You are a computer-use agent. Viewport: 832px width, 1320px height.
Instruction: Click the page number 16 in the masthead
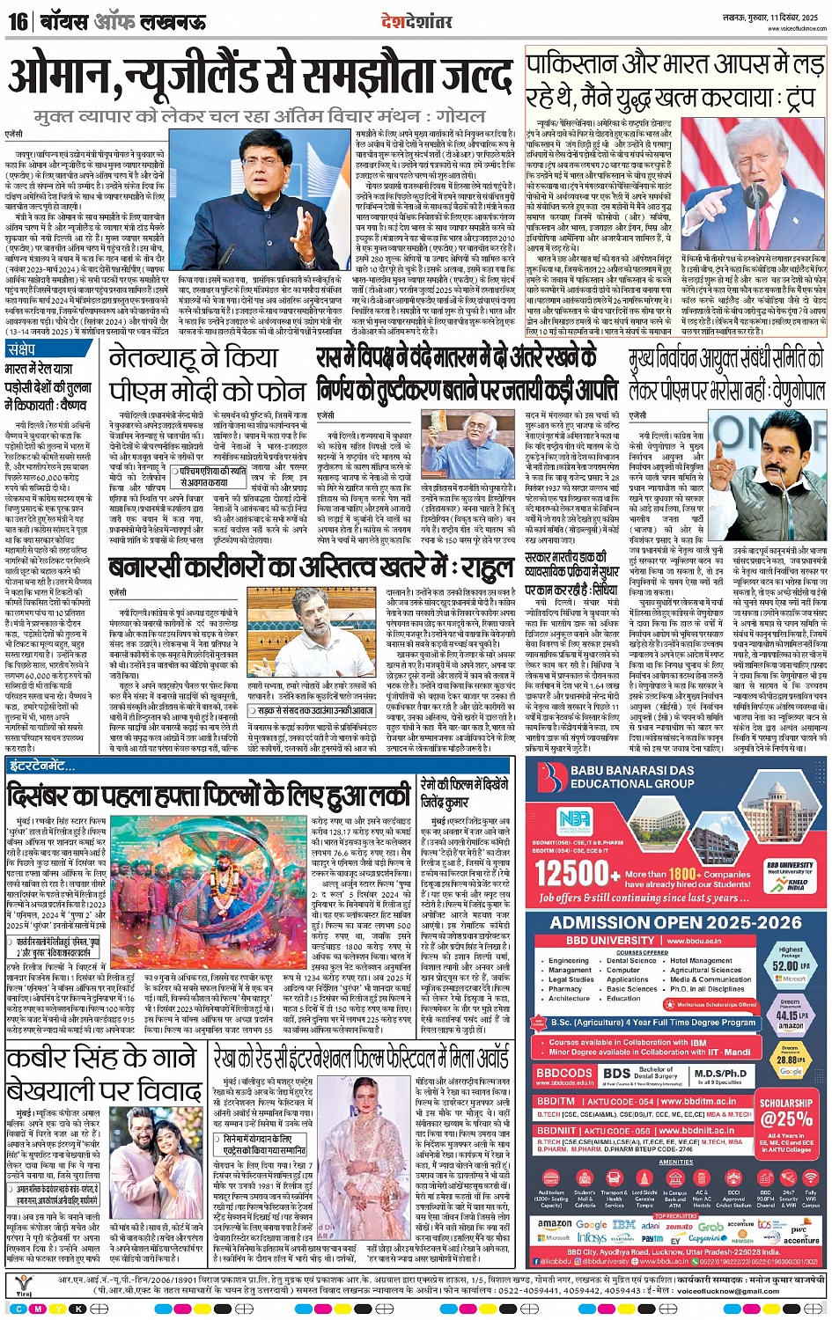click(18, 20)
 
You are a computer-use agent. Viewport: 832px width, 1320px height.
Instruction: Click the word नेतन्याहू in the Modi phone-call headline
click(164, 359)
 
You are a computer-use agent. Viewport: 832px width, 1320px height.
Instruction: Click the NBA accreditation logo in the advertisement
click(574, 819)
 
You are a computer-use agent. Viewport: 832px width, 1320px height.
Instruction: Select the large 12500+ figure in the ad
click(572, 874)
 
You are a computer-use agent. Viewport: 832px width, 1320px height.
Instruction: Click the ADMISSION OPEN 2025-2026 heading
click(676, 922)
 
